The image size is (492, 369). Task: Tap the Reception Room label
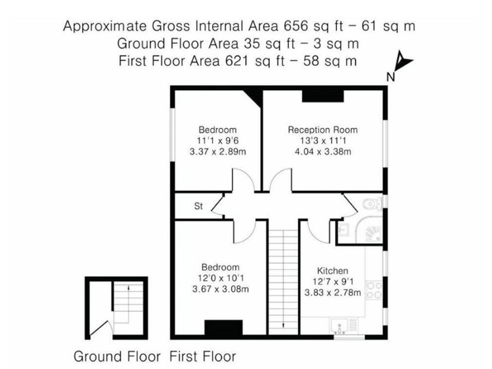tap(322, 129)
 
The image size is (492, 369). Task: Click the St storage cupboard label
tap(199, 207)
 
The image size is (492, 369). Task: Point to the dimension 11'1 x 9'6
tap(217, 140)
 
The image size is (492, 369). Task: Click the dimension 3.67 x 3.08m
tap(220, 290)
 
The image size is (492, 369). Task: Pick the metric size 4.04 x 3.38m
tap(322, 152)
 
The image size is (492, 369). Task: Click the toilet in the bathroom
tap(371, 204)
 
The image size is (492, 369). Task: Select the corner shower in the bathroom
tap(370, 231)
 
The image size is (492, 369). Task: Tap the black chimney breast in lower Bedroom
tap(223, 327)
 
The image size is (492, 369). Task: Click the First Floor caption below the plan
tap(202, 356)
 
